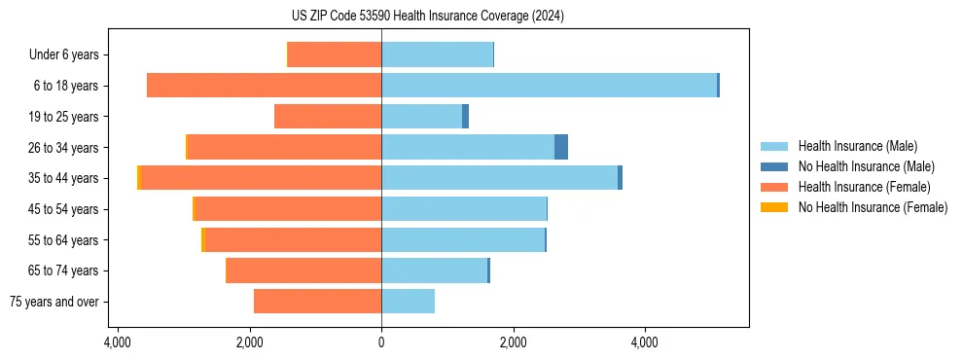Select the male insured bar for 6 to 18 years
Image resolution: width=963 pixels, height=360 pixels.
pyautogui.click(x=549, y=86)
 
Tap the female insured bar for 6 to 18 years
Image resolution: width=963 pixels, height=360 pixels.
pyautogui.click(x=264, y=86)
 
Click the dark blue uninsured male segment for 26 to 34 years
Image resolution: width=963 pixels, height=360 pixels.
pyautogui.click(x=561, y=147)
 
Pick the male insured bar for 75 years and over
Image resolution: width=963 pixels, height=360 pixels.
pyautogui.click(x=408, y=302)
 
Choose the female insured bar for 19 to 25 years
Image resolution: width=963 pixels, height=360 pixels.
pyautogui.click(x=328, y=117)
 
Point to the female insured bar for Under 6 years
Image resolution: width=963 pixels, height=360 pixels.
pyautogui.click(x=334, y=54)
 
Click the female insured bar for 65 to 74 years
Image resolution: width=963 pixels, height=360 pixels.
pyautogui.click(x=303, y=270)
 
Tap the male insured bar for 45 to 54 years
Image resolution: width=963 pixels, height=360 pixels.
pyautogui.click(x=463, y=209)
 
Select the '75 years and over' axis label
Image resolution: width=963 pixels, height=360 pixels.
pyautogui.click(x=53, y=302)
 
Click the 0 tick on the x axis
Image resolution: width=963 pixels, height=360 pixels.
pyautogui.click(x=381, y=342)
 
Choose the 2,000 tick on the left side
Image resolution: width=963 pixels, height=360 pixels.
pyautogui.click(x=250, y=342)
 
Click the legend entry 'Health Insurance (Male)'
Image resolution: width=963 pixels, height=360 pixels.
pyautogui.click(x=857, y=146)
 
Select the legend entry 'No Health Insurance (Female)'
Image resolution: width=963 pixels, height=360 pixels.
pyautogui.click(x=873, y=207)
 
